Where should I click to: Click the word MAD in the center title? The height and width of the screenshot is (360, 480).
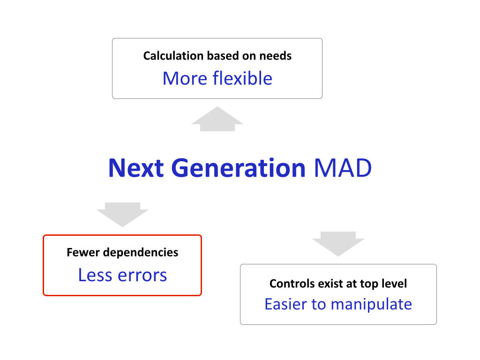(343, 168)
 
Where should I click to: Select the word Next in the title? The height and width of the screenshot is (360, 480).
(136, 168)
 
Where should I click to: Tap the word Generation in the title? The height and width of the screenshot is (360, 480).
(239, 168)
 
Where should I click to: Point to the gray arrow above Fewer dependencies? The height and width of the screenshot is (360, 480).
(122, 215)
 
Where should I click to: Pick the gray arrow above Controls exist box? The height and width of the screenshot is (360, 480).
(338, 244)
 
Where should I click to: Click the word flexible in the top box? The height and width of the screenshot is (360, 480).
(242, 78)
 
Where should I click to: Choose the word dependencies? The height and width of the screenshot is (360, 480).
(141, 253)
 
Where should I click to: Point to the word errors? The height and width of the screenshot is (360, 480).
(142, 275)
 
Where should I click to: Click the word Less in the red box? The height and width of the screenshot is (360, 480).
(95, 275)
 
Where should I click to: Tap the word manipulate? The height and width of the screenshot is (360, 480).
(371, 304)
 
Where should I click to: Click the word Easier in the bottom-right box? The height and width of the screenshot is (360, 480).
(285, 304)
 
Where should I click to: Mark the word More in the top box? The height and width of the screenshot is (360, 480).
(185, 78)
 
